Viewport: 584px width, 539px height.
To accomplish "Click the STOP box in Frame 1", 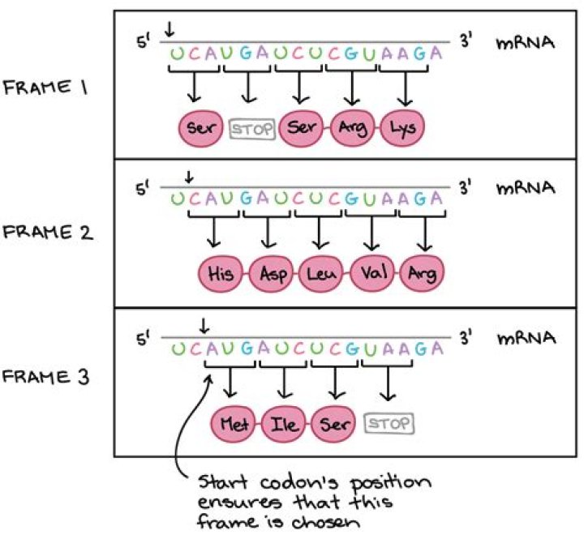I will (251, 128).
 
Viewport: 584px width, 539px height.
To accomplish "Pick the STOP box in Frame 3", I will (389, 422).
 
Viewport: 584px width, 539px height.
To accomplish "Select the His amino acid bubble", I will (221, 273).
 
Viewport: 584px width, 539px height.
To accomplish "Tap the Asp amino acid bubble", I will (272, 273).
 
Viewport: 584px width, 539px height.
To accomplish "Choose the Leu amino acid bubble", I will (322, 273).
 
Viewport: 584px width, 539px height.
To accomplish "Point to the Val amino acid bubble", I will (372, 273).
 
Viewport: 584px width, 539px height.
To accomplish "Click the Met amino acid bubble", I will (235, 422).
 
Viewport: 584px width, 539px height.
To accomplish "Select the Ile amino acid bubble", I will (285, 422).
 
